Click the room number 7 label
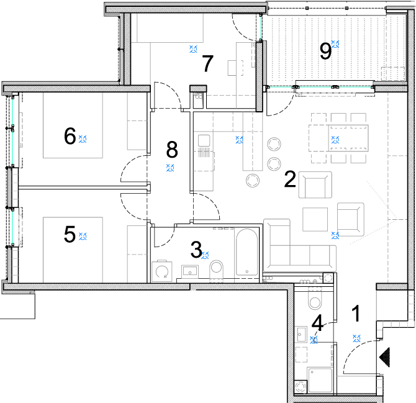pos(207,63)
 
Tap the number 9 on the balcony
pos(325,51)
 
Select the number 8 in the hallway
pos(172,150)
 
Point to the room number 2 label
pos(290,179)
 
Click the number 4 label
pos(317,323)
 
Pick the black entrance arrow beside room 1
pos(385,357)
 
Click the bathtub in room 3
pos(246,252)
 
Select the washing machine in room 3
pos(162,271)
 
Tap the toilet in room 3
pos(217,269)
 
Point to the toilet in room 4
pos(315,299)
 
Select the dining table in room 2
pos(338,138)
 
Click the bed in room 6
pos(73,125)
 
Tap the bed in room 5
pos(73,250)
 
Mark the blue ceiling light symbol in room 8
pos(170,168)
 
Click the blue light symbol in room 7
pos(193,49)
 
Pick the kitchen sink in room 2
pos(204,140)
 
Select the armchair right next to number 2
pos(315,184)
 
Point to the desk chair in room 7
pos(235,68)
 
